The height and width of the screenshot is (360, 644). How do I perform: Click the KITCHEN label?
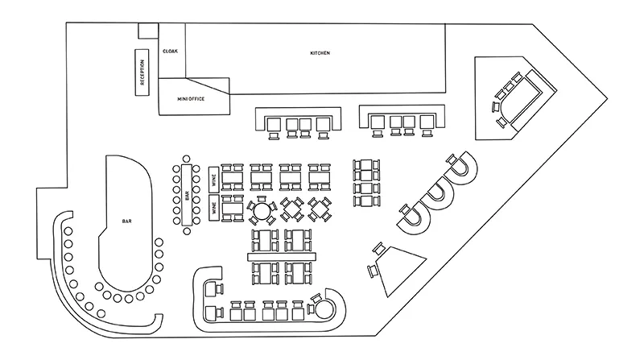320,53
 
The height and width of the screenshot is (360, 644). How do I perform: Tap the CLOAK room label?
171,52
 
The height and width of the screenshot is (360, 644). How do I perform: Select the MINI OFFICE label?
191,99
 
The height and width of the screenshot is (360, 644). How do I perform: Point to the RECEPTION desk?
142,72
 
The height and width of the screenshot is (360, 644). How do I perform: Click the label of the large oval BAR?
127,221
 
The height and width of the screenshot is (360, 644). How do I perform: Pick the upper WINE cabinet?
213,180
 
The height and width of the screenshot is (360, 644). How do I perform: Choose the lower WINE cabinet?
213,208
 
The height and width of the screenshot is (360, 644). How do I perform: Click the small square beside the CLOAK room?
148,31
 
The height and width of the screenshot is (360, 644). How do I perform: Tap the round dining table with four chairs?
261,211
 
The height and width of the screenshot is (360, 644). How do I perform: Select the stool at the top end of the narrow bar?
187,159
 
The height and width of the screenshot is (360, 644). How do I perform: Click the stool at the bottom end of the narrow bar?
187,231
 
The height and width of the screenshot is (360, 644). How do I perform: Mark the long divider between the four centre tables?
282,257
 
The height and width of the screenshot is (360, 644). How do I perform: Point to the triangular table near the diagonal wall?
399,269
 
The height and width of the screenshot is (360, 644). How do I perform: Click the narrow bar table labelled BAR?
187,195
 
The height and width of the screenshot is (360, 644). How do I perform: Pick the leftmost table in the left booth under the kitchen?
274,125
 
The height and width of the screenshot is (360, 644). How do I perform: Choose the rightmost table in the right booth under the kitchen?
427,122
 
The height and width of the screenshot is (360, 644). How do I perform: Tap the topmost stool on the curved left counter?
68,231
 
